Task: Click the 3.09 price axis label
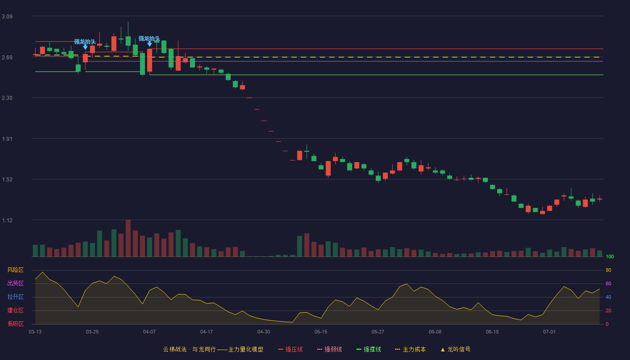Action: pyautogui.click(x=7, y=17)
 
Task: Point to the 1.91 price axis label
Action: pyautogui.click(x=7, y=139)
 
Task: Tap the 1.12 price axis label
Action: pyautogui.click(x=7, y=220)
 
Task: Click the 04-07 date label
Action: pyautogui.click(x=149, y=332)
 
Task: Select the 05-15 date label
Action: pyautogui.click(x=321, y=332)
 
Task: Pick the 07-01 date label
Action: pyautogui.click(x=549, y=332)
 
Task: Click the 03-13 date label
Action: pyautogui.click(x=35, y=332)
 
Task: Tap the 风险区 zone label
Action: pyautogui.click(x=15, y=270)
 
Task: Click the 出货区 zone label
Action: pyautogui.click(x=15, y=283)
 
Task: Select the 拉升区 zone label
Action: pyautogui.click(x=15, y=297)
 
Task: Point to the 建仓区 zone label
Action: pyautogui.click(x=15, y=310)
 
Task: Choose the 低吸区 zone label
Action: pyautogui.click(x=15, y=324)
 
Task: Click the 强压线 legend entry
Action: pyautogui.click(x=291, y=349)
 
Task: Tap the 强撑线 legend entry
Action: pyautogui.click(x=369, y=349)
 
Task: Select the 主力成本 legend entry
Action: pyautogui.click(x=410, y=349)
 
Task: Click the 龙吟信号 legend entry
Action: pyautogui.click(x=455, y=349)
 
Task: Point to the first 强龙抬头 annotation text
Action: pyautogui.click(x=85, y=42)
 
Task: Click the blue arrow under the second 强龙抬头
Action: pyautogui.click(x=149, y=44)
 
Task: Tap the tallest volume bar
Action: pyautogui.click(x=128, y=238)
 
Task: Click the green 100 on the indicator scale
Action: pyautogui.click(x=610, y=256)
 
